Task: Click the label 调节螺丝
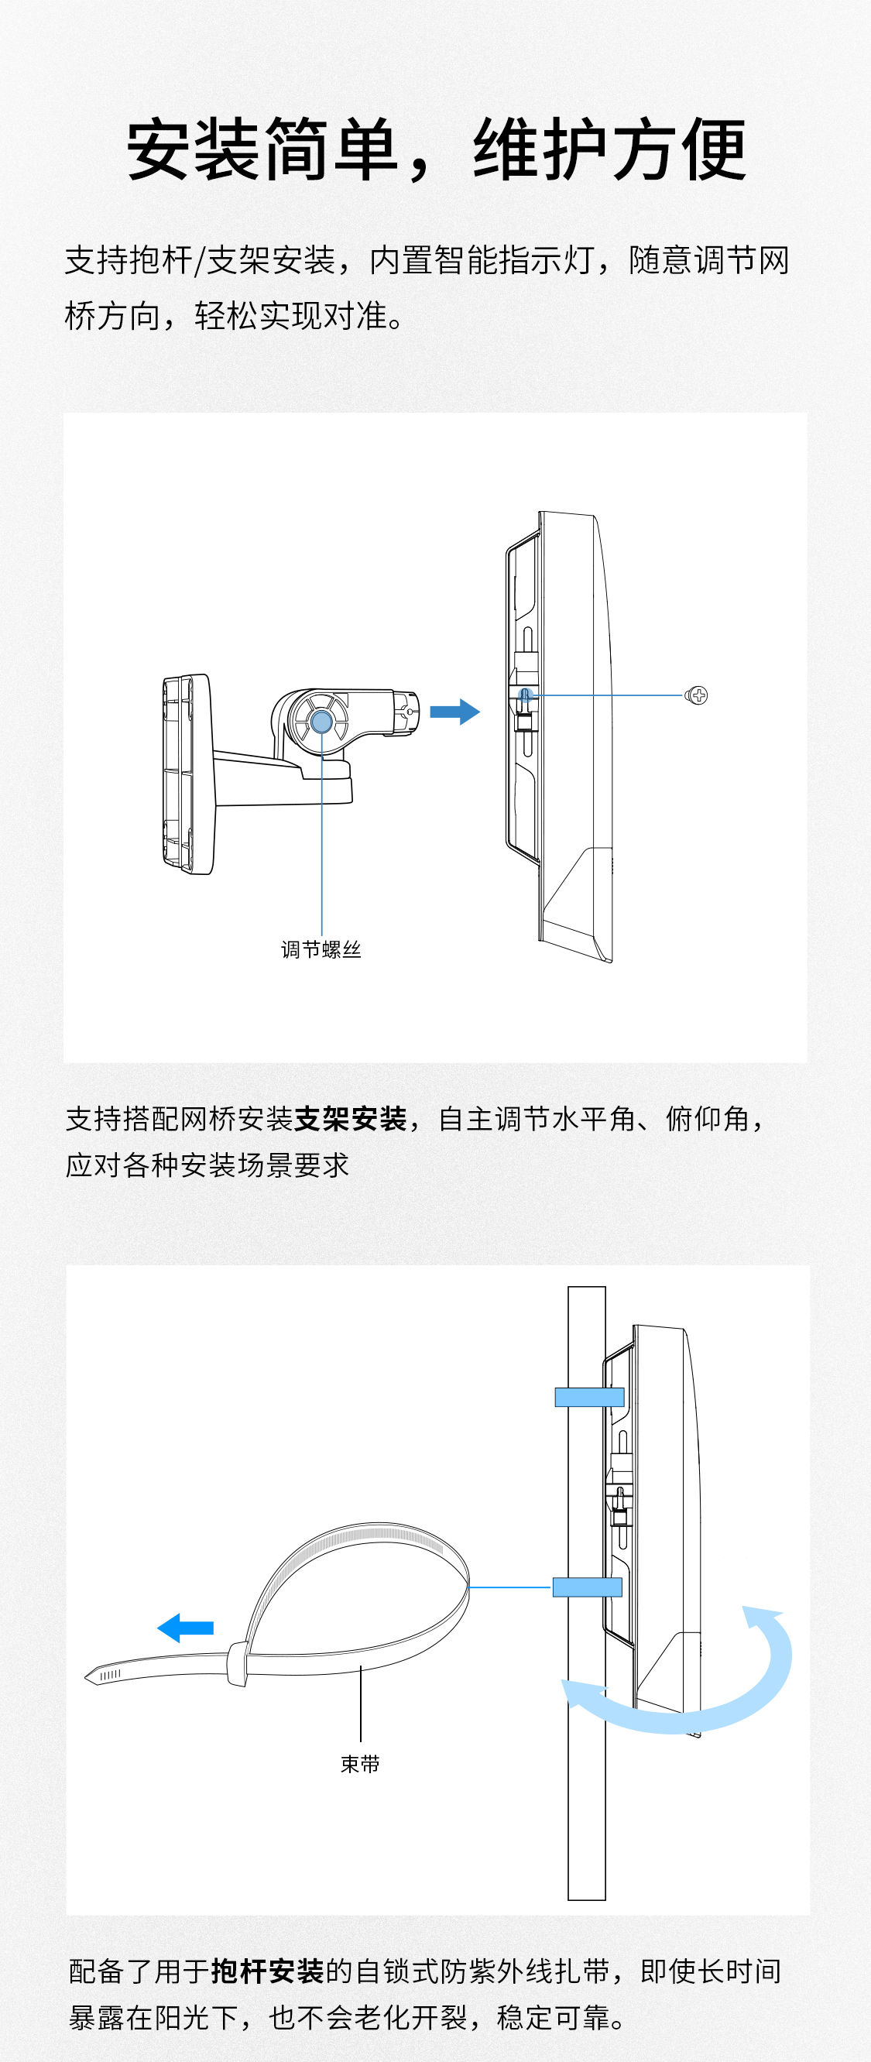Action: pyautogui.click(x=321, y=949)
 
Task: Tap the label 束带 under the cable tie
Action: pyautogui.click(x=359, y=1764)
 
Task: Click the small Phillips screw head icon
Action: pyautogui.click(x=698, y=695)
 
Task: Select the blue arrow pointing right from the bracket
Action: pyautogui.click(x=454, y=711)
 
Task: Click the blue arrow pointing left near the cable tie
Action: pyautogui.click(x=186, y=1628)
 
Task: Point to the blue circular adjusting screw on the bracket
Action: pyautogui.click(x=321, y=721)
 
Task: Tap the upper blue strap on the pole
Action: pyautogui.click(x=589, y=1398)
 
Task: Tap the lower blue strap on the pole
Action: pyautogui.click(x=587, y=1587)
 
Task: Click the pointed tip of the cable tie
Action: pyautogui.click(x=91, y=1677)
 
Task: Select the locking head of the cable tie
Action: pyautogui.click(x=237, y=1663)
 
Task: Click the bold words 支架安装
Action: pyautogui.click(x=351, y=1118)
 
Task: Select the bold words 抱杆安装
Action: pyautogui.click(x=267, y=1971)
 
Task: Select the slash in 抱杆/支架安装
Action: pyautogui.click(x=201, y=260)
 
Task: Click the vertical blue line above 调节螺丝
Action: pyautogui.click(x=322, y=840)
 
